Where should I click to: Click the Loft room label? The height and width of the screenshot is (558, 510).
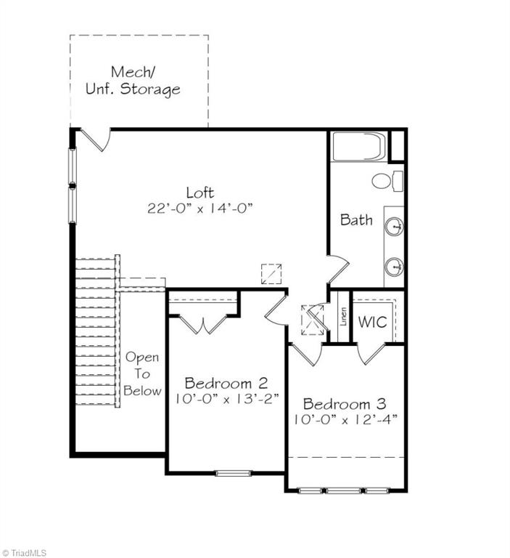click(200, 193)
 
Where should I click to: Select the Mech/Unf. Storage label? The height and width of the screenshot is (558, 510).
click(145, 81)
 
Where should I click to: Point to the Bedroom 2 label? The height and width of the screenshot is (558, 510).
click(226, 383)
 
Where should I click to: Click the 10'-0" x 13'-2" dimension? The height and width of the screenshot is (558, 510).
click(226, 399)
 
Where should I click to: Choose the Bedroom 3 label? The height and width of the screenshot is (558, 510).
click(345, 404)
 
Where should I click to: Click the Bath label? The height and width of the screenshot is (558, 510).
click(356, 219)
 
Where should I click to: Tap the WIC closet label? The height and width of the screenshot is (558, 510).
click(372, 320)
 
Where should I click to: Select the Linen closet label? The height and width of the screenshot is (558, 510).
click(343, 318)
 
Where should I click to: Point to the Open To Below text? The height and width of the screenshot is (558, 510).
click(141, 374)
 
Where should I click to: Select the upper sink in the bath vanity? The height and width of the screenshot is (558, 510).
click(395, 227)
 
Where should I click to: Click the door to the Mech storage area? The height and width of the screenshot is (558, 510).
click(95, 139)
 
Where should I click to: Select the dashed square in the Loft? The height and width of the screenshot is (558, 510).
click(271, 273)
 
